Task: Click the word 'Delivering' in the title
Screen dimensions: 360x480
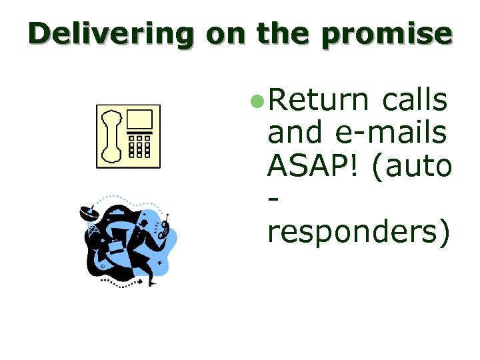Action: pos(111,33)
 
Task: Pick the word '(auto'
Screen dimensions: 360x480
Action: pos(414,165)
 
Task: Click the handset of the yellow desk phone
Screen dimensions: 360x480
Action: pos(110,135)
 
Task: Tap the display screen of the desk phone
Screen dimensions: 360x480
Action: pos(141,120)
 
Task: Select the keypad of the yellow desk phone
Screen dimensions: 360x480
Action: pos(140,146)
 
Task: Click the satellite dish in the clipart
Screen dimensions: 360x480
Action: pos(88,214)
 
